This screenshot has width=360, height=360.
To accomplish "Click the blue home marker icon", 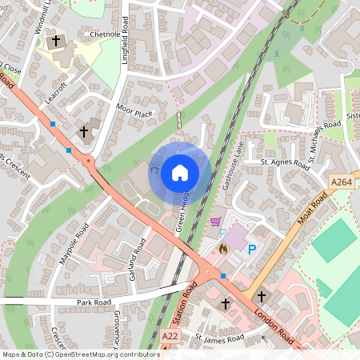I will pos(179,172).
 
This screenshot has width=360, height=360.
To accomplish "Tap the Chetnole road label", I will pos(105,35).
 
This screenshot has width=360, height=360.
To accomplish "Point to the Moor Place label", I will pos(134,114).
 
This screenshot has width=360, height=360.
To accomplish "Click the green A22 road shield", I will pos(170,338).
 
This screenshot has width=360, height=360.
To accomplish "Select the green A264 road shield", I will pos(342,183).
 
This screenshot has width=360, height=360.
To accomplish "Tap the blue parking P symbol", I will pos(252,250).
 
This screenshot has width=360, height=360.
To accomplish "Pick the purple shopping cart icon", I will pos(214,221).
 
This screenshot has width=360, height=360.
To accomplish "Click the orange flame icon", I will pos(223,249).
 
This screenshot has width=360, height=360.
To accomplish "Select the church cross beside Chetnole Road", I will pos(57,41).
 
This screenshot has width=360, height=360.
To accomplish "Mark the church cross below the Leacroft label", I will pos(83,130).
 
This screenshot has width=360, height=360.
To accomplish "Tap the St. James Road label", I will pos(219,338).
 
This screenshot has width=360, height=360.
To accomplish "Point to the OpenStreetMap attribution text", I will pos(80,354).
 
